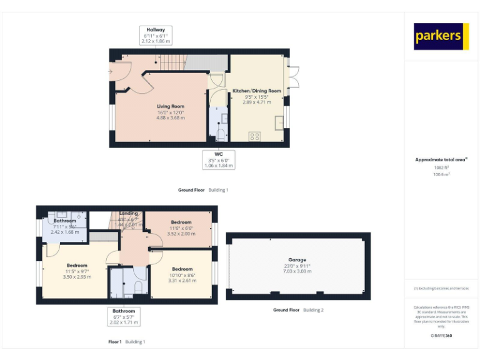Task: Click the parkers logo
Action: pos(441,37)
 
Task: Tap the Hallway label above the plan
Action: pos(156,30)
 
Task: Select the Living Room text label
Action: pos(170,107)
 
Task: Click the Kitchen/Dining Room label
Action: pos(257,91)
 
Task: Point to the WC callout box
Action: pos(219,159)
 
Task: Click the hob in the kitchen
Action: pos(255,136)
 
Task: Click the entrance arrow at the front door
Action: pos(110,71)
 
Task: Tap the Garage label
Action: pos(297,259)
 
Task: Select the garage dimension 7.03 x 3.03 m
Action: pos(297,271)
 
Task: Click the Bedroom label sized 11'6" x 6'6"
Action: pos(181,222)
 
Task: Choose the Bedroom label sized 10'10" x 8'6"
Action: pos(182,269)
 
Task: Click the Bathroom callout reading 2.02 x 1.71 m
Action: pos(124,322)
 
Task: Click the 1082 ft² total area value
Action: pos(441,167)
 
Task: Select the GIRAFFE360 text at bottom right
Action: pos(441,336)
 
